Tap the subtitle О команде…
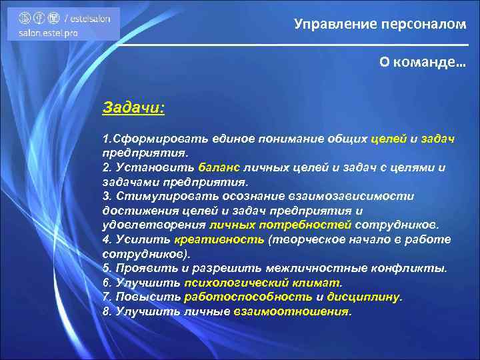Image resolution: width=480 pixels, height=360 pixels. [423, 61]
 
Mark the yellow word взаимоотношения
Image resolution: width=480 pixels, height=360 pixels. [291, 311]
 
